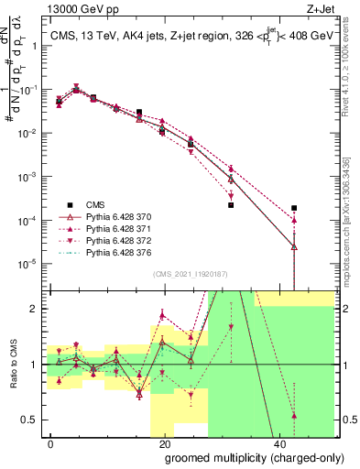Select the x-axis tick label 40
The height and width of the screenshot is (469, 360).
coord(278,442)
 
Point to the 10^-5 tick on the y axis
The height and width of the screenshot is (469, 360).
coord(31,263)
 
